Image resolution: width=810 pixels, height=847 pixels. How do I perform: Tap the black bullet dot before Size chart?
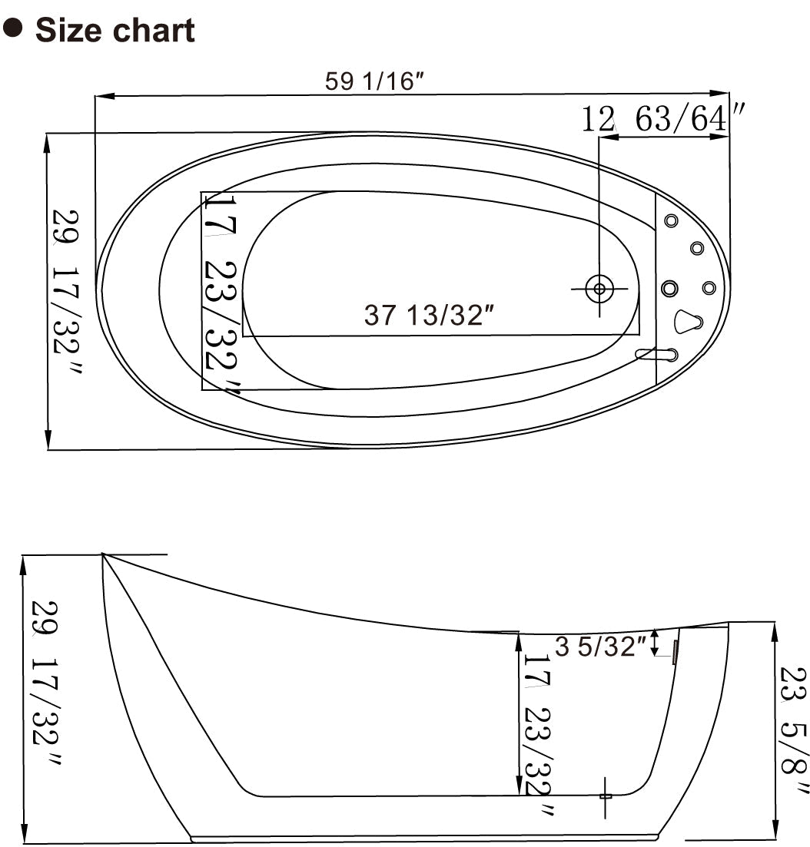(13, 28)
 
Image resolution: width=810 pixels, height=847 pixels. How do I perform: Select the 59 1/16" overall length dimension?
(375, 81)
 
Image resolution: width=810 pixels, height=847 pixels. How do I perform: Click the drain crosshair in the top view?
(599, 289)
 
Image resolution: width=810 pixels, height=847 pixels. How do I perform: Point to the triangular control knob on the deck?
(686, 322)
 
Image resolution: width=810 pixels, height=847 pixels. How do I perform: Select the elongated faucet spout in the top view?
(657, 354)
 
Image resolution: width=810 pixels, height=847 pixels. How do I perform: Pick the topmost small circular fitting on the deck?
(671, 221)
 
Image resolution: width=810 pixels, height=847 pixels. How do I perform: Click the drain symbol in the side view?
(606, 796)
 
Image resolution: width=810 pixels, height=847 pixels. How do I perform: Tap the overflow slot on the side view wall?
(675, 652)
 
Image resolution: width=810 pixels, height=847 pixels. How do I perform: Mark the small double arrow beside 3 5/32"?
(655, 643)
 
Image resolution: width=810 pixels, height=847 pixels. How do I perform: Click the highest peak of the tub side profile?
(103, 554)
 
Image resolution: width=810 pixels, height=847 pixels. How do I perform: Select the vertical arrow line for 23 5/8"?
(774, 730)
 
